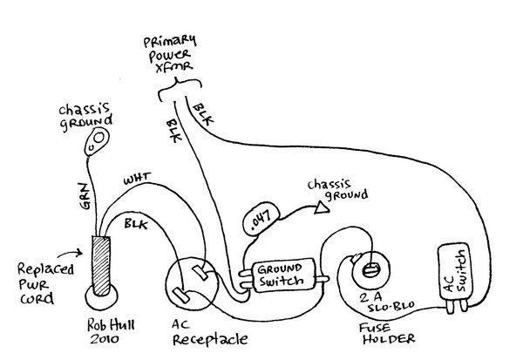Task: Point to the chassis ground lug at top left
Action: pos(98,139)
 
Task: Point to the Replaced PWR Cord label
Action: pos(37,284)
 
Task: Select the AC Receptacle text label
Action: pos(207,330)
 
